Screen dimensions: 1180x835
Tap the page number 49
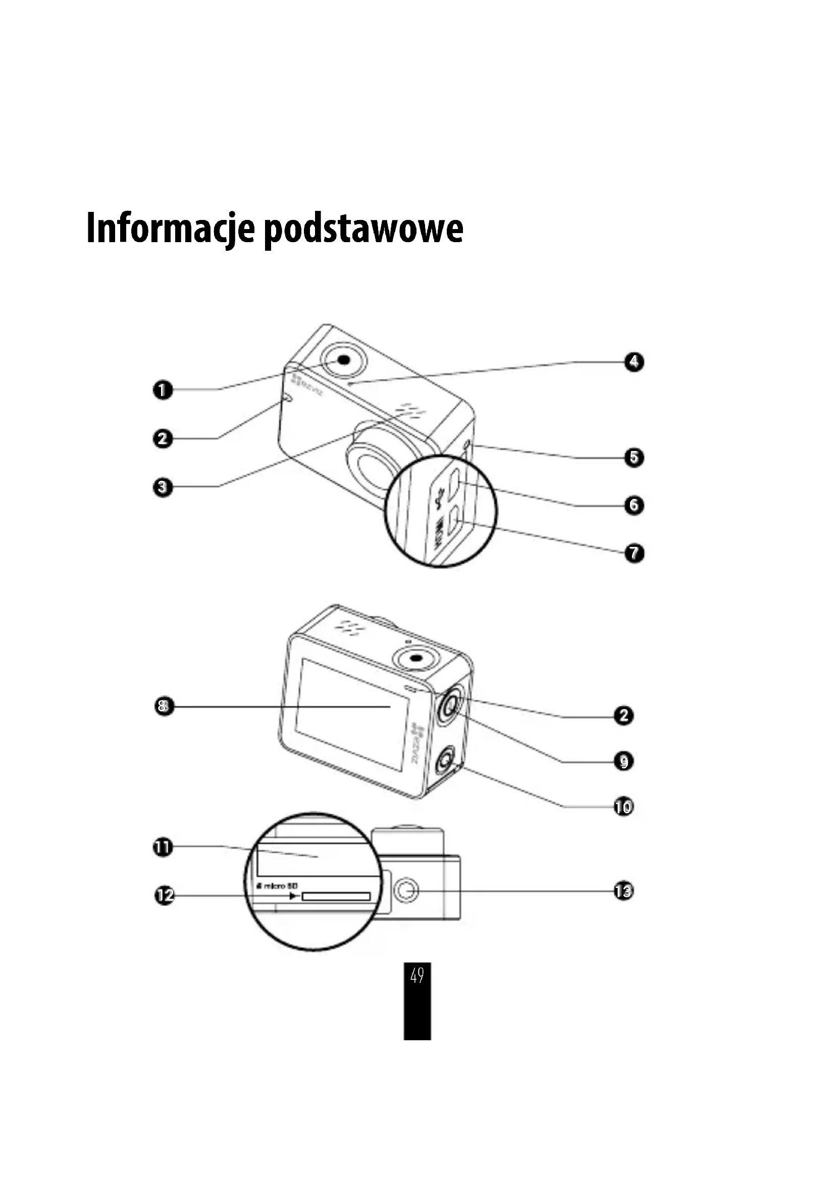point(417,975)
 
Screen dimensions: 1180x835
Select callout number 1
point(163,389)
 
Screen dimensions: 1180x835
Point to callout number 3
point(163,487)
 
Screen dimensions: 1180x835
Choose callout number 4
point(634,362)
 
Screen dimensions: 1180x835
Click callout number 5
point(634,458)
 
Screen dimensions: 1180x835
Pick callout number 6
point(634,505)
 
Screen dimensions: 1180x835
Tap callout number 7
point(634,553)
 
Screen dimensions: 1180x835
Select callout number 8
point(164,706)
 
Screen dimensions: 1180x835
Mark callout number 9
point(623,761)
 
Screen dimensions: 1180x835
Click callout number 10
point(623,806)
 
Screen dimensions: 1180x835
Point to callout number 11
point(163,847)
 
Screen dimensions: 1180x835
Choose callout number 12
point(165,896)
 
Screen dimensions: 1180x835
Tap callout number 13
point(623,890)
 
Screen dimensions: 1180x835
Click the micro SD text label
point(278,885)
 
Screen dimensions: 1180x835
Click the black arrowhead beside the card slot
point(293,896)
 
